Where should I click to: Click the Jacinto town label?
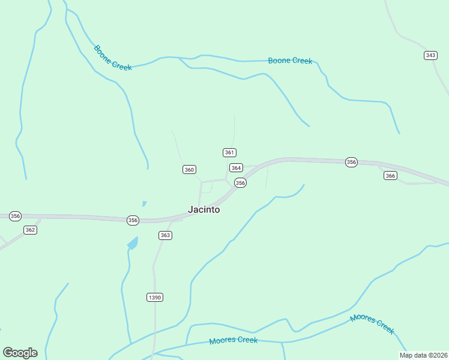tap(204, 210)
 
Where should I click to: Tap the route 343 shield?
tap(430, 55)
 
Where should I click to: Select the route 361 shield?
tap(229, 152)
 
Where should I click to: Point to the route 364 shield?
tap(236, 168)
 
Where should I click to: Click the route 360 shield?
tap(189, 170)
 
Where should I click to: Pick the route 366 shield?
tap(391, 175)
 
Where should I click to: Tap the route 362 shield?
tap(31, 230)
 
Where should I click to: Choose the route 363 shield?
tap(166, 235)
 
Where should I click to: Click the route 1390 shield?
tap(155, 298)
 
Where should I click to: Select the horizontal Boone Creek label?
tap(290, 61)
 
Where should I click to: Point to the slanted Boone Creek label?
tap(112, 58)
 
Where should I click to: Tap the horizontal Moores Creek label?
tap(233, 340)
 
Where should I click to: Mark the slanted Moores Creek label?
tap(372, 323)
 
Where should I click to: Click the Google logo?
tap(20, 353)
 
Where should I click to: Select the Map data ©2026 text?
tap(423, 355)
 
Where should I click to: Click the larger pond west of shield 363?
tap(133, 243)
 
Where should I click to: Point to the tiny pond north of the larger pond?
tap(144, 203)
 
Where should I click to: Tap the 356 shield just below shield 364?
tap(240, 182)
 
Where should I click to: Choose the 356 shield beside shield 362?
tap(15, 216)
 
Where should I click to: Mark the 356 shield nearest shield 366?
tap(351, 162)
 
